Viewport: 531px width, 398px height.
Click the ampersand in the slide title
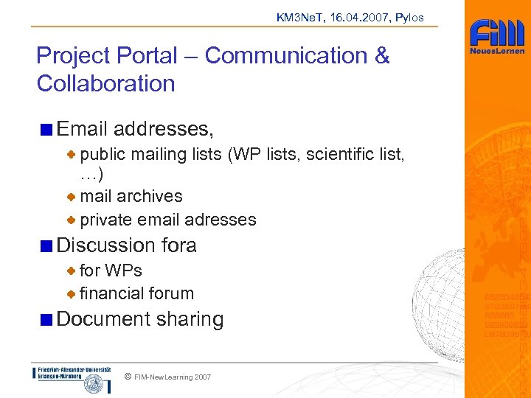point(381,55)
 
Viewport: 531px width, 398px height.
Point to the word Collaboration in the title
point(105,83)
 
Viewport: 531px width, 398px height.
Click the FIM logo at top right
point(497,34)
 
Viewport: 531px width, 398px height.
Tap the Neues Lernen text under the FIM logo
point(497,52)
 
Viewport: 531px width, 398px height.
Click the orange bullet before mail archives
point(71,197)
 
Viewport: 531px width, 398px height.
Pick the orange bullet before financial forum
point(71,294)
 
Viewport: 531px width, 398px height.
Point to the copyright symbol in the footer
point(128,377)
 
